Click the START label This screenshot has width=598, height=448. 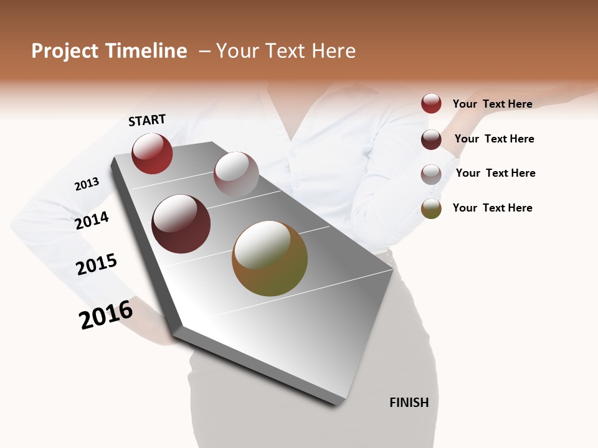click(147, 119)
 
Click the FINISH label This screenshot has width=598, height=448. click(409, 403)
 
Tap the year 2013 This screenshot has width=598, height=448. click(87, 184)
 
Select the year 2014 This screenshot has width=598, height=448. click(92, 220)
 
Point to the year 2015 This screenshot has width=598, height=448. click(96, 264)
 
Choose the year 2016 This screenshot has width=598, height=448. click(106, 314)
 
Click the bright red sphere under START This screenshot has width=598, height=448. click(152, 153)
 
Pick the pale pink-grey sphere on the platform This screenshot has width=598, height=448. click(236, 174)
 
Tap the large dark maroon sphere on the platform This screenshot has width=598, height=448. click(181, 224)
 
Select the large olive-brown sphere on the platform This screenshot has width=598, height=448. click(270, 258)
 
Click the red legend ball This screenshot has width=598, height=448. click(431, 103)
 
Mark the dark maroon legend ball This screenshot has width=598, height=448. click(431, 139)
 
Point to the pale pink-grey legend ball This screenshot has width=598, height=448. click(431, 174)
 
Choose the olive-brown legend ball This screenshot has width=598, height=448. click(431, 208)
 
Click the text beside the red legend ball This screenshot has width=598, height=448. click(492, 104)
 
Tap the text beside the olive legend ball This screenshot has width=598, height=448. click(492, 208)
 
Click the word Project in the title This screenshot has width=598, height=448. click(65, 51)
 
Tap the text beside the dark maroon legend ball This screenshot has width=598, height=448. click(494, 139)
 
